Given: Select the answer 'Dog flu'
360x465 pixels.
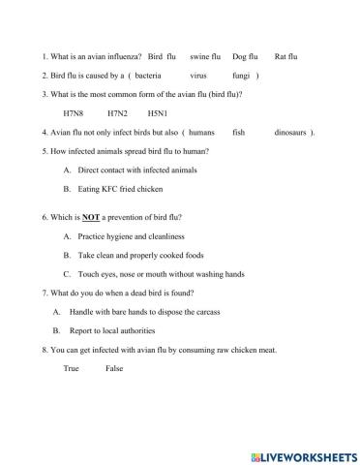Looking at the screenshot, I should [x=246, y=58].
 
